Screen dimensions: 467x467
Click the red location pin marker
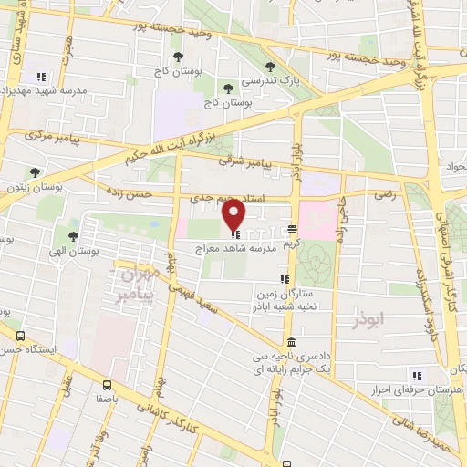pyautogui.click(x=234, y=215)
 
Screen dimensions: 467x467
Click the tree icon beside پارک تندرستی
pyautogui.click(x=271, y=66)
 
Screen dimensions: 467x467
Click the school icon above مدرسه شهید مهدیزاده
pyautogui.click(x=39, y=77)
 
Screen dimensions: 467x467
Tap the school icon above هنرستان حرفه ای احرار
pyautogui.click(x=417, y=375)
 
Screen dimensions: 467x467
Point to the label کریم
pyautogui.click(x=291, y=245)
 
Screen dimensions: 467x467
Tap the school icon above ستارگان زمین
pyautogui.click(x=285, y=279)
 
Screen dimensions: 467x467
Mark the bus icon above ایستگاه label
pyautogui.click(x=20, y=336)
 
